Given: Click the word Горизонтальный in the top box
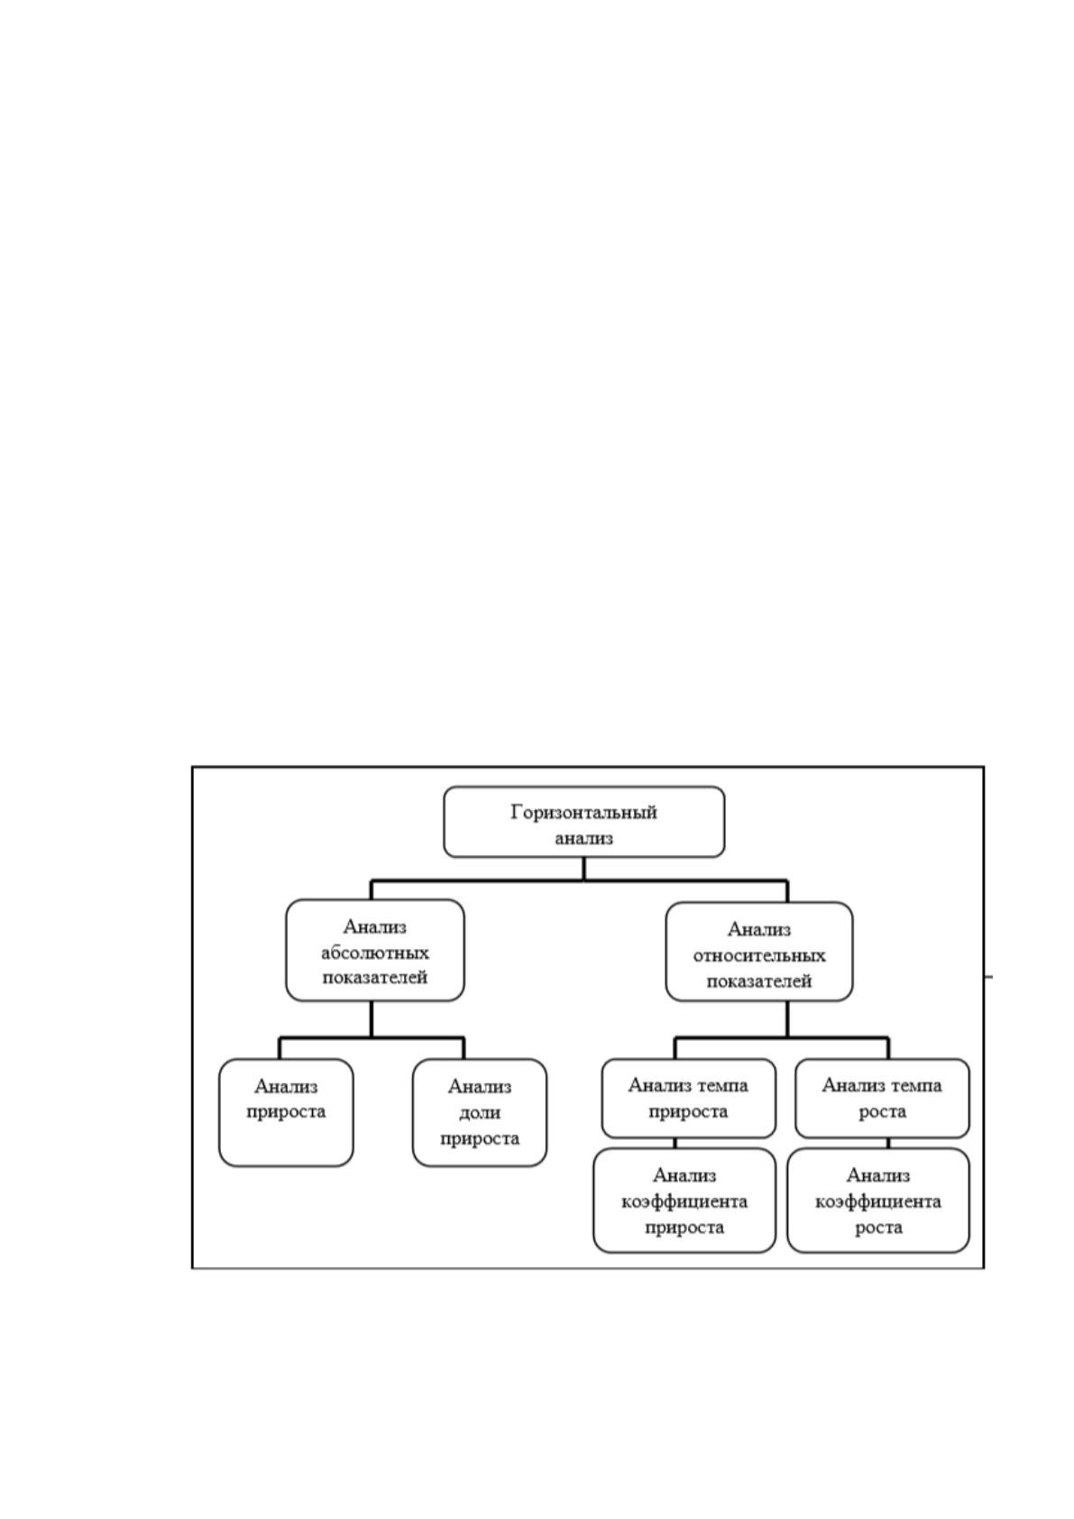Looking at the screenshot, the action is (583, 813).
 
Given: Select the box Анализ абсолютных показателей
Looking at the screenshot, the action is (375, 950).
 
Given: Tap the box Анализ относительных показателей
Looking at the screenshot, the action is (758, 952).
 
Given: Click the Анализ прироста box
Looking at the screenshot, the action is (286, 1113).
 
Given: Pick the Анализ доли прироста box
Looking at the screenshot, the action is (480, 1113).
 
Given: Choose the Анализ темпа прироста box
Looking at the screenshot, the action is (688, 1099).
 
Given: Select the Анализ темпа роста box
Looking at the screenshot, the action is (882, 1099).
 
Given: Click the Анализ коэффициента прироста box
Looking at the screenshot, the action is (684, 1201).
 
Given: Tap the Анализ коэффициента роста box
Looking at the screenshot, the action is (878, 1201).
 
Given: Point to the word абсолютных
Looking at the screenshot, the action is (375, 953).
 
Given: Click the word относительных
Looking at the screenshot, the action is (758, 955).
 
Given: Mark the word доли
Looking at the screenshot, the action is (480, 1113).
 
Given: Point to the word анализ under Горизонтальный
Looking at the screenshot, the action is (583, 838).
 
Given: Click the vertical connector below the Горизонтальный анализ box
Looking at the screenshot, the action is (583, 869).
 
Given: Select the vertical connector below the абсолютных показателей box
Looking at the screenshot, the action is (372, 1019).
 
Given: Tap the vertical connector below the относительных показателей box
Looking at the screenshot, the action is (787, 1019).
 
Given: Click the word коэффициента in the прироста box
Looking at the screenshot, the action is (684, 1201).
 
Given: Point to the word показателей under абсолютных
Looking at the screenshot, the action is (375, 977).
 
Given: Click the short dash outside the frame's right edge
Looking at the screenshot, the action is (988, 977).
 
